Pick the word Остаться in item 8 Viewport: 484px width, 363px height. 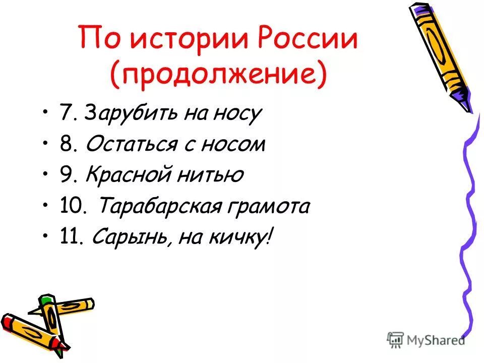coord(131,145)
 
